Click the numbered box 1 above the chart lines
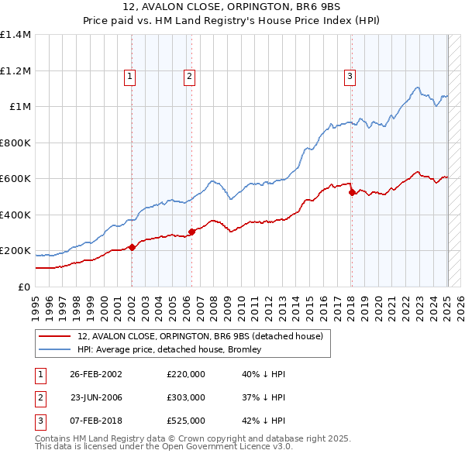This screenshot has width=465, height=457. click(129, 76)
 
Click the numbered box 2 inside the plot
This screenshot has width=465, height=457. click(189, 76)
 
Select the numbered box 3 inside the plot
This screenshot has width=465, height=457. click(350, 76)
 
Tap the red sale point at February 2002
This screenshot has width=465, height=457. click(132, 247)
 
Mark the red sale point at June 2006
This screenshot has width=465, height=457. click(191, 232)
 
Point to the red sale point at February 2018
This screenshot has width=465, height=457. click(351, 192)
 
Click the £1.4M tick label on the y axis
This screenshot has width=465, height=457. click(15, 35)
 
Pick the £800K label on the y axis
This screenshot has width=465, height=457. click(15, 143)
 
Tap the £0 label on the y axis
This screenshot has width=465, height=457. click(23, 287)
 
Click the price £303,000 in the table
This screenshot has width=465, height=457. click(185, 397)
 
